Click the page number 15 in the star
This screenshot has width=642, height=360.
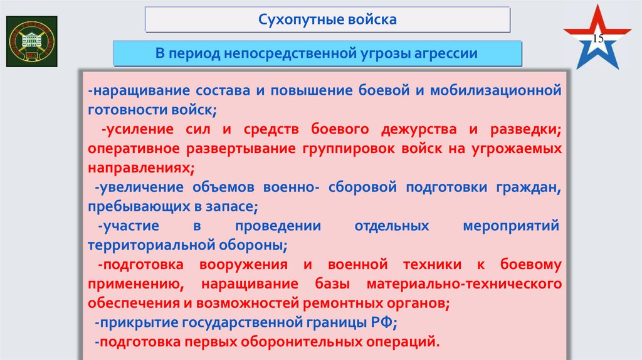pos(597,39)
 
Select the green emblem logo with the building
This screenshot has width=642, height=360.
pos(31,41)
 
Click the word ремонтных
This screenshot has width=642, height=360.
pos(339,304)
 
